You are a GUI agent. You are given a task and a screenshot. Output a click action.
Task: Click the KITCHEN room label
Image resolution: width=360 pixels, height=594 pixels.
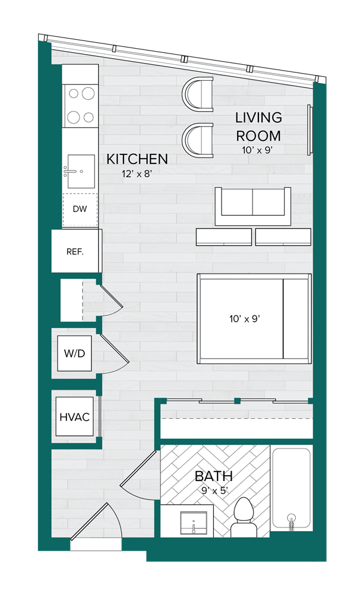click(137, 159)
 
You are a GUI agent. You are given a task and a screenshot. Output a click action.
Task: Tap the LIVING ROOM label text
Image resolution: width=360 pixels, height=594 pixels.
click(258, 126)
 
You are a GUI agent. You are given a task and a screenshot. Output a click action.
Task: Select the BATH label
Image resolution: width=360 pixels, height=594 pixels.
click(214, 476)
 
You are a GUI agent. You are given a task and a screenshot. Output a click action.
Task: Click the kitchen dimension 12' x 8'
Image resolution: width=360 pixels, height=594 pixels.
click(137, 175)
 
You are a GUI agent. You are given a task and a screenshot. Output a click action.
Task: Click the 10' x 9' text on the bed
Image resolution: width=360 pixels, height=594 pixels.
click(245, 319)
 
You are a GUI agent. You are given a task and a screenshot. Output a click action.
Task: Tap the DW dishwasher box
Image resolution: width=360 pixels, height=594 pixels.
click(80, 209)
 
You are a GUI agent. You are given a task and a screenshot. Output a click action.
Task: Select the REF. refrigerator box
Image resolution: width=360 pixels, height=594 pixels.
click(75, 251)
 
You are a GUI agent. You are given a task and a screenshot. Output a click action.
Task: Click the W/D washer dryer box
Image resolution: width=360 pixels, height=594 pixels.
click(74, 353)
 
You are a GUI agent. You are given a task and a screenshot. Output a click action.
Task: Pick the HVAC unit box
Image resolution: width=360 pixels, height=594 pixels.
click(74, 417)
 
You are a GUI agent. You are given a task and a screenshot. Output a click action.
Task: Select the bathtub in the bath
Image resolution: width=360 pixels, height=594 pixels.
click(291, 487)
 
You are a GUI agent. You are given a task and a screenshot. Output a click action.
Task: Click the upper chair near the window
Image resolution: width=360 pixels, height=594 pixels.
click(199, 92)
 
